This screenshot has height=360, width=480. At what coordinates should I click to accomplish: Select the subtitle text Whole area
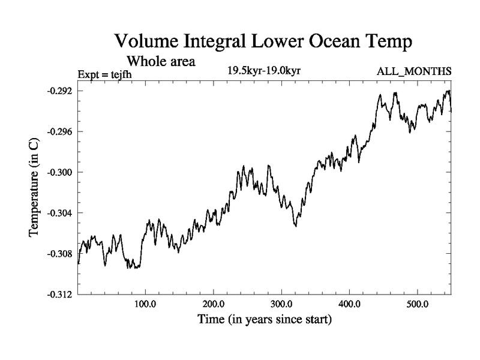160,61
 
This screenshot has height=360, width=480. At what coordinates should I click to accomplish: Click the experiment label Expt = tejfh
105,74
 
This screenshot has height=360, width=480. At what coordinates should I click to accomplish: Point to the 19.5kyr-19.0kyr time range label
263,71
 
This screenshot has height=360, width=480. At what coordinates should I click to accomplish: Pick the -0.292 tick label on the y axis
59,91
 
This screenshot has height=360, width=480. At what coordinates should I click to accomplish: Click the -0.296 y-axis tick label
59,131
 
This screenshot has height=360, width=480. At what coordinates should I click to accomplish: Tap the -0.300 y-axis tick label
59,172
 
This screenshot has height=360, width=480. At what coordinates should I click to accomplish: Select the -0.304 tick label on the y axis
59,213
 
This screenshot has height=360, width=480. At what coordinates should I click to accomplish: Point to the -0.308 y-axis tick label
59,254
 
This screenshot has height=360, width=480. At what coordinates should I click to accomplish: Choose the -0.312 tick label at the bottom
59,295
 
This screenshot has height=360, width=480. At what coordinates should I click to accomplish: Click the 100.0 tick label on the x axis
146,304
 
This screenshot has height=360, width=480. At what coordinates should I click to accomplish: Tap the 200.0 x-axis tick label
214,304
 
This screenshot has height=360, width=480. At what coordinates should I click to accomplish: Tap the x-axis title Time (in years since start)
265,320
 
